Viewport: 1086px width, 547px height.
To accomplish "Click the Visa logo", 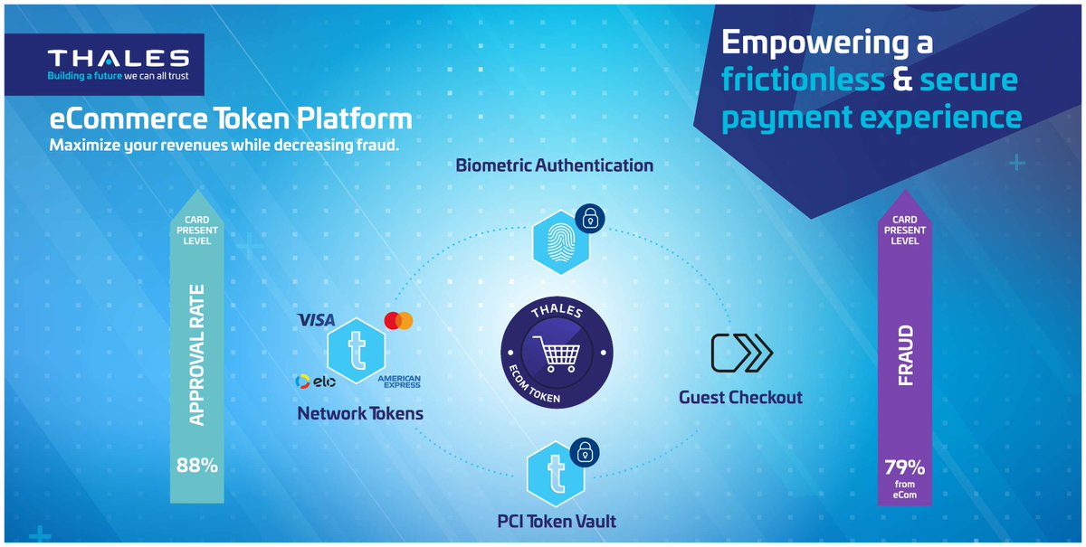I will coord(316,320).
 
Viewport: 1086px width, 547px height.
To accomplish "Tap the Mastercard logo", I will coord(398,321).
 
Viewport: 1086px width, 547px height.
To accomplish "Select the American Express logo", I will coord(399,382).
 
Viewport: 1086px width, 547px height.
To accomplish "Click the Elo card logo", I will coord(316,382).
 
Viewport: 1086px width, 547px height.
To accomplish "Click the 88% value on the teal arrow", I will coord(196,467).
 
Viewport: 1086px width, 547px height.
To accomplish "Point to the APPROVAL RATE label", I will coord(196,356).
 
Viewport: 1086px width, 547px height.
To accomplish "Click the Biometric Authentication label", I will coord(555,165).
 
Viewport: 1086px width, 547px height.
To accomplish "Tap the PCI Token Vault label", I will coord(557,521).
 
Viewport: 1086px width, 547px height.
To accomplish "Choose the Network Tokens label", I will coord(360,414).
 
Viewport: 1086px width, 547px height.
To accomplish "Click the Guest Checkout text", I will coord(741,397).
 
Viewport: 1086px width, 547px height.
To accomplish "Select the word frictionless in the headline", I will coord(803,80).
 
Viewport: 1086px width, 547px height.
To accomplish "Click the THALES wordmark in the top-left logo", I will coord(118,59).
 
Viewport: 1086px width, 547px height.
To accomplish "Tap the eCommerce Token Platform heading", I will coord(231,118).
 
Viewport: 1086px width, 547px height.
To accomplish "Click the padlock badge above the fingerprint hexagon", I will coord(589,218).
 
